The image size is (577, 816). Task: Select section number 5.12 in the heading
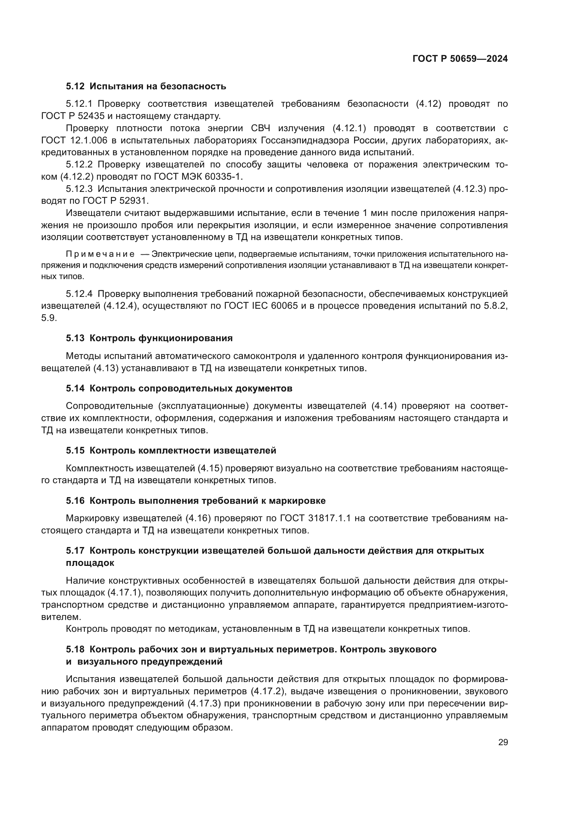click(75, 87)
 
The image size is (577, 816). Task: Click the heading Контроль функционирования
click(161, 338)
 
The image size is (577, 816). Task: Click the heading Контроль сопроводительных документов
click(191, 388)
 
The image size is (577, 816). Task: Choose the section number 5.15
click(75, 451)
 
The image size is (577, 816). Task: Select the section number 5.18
click(75, 649)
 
